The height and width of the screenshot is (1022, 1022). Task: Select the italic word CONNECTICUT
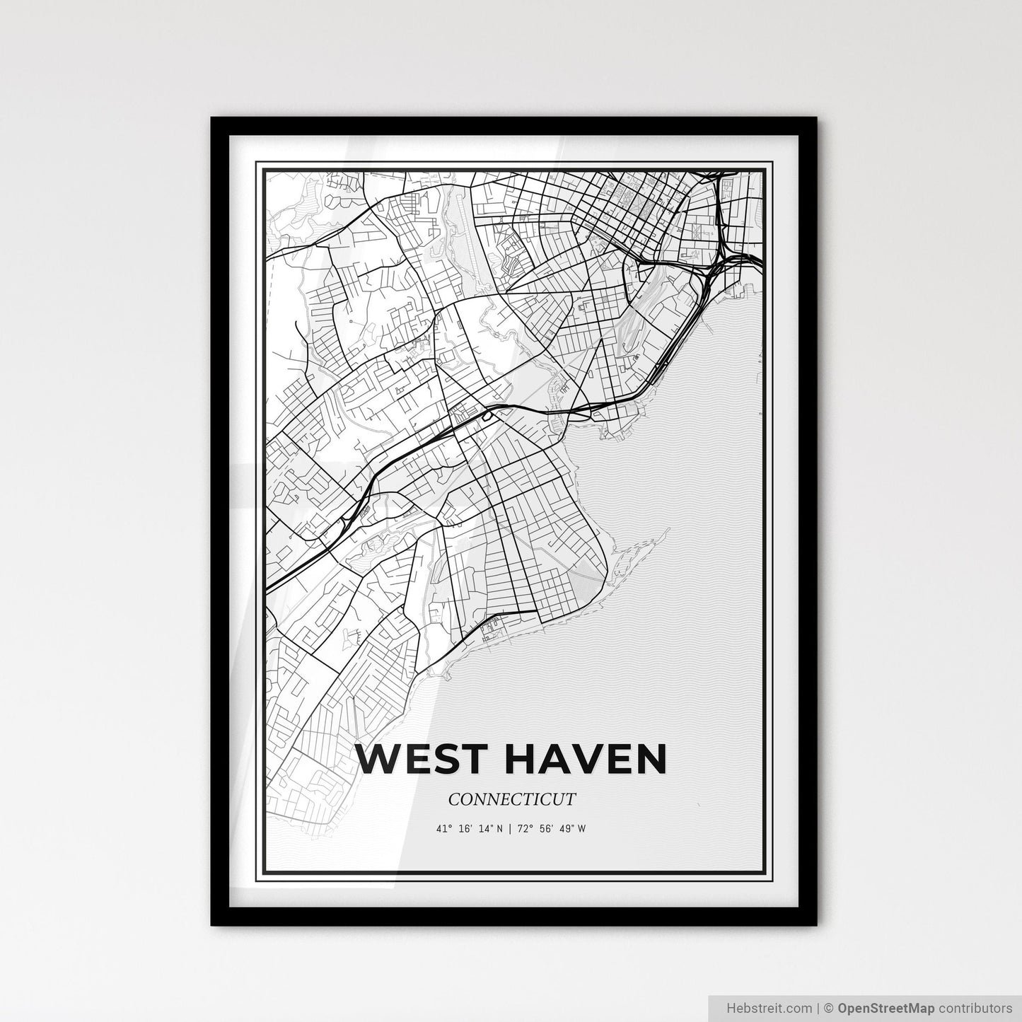point(511,800)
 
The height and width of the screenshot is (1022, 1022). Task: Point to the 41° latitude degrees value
point(444,829)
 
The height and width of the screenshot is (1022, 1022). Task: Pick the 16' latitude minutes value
point(464,829)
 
